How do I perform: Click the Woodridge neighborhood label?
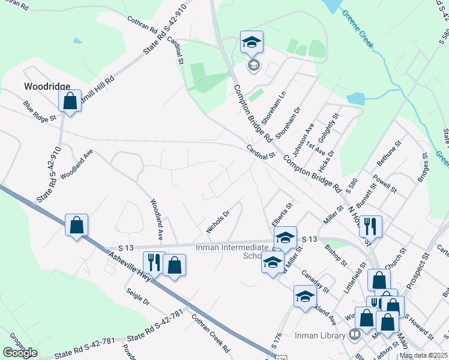coord(47,86)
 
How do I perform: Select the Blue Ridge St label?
coord(40,110)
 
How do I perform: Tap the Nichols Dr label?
coord(218,221)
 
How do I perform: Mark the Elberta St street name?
coord(281,214)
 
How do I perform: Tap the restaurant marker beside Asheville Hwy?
coord(152,263)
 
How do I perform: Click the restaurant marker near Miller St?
coord(371,226)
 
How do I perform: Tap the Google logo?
coord(20,352)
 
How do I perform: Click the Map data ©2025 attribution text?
coord(423,355)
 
